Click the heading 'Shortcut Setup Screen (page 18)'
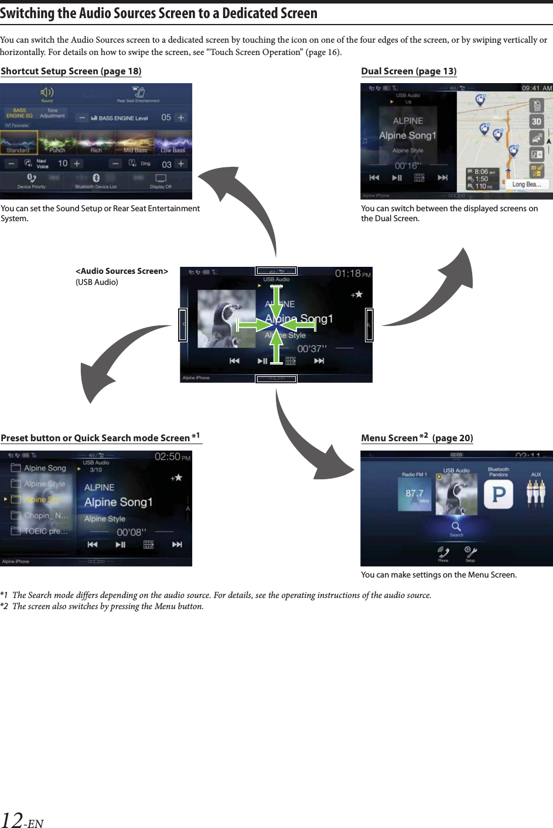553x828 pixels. (x=71, y=71)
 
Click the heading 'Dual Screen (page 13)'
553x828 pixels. (x=408, y=71)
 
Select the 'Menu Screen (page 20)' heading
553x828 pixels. (x=417, y=438)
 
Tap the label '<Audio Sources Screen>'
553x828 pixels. (x=122, y=271)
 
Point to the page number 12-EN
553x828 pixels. (x=22, y=820)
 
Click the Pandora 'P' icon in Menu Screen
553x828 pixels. (x=499, y=494)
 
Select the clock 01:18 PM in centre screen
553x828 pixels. (x=353, y=274)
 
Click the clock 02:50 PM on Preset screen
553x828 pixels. (x=172, y=457)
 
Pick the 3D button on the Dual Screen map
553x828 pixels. (x=536, y=122)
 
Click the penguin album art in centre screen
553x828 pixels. (x=226, y=318)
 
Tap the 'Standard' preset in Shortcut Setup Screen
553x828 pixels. (x=19, y=143)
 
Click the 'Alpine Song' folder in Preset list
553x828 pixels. (x=45, y=468)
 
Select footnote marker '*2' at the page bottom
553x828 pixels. (x=5, y=606)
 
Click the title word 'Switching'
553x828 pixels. (x=27, y=13)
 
